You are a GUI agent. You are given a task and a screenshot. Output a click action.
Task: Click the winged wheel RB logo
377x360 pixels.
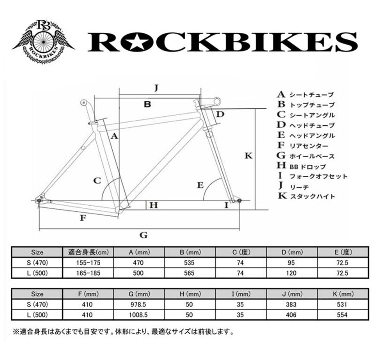pos(43,41)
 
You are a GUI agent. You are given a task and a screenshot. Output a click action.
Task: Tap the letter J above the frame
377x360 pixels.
pos(157,88)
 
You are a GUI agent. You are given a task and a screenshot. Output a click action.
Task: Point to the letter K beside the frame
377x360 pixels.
pos(248,156)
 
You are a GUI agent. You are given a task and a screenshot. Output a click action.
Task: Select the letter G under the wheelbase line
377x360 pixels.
pos(144,235)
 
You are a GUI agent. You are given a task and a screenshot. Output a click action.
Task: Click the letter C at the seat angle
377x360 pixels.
pos(98,180)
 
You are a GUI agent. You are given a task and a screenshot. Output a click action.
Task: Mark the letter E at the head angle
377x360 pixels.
pos(200,185)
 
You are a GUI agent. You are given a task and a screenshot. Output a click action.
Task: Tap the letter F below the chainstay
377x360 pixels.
pos(83,218)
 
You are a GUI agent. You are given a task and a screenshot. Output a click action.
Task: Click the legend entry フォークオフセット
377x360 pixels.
pos(318,176)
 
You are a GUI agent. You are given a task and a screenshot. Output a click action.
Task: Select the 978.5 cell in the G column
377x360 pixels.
pos(138,304)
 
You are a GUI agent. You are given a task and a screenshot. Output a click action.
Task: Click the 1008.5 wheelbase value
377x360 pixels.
pos(138,315)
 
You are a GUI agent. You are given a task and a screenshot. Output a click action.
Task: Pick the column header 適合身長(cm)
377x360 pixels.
pos(88,252)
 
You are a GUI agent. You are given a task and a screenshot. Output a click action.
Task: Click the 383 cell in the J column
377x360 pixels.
pos(291,304)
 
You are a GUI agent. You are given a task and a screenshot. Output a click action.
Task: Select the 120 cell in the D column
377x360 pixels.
pos(292,273)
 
